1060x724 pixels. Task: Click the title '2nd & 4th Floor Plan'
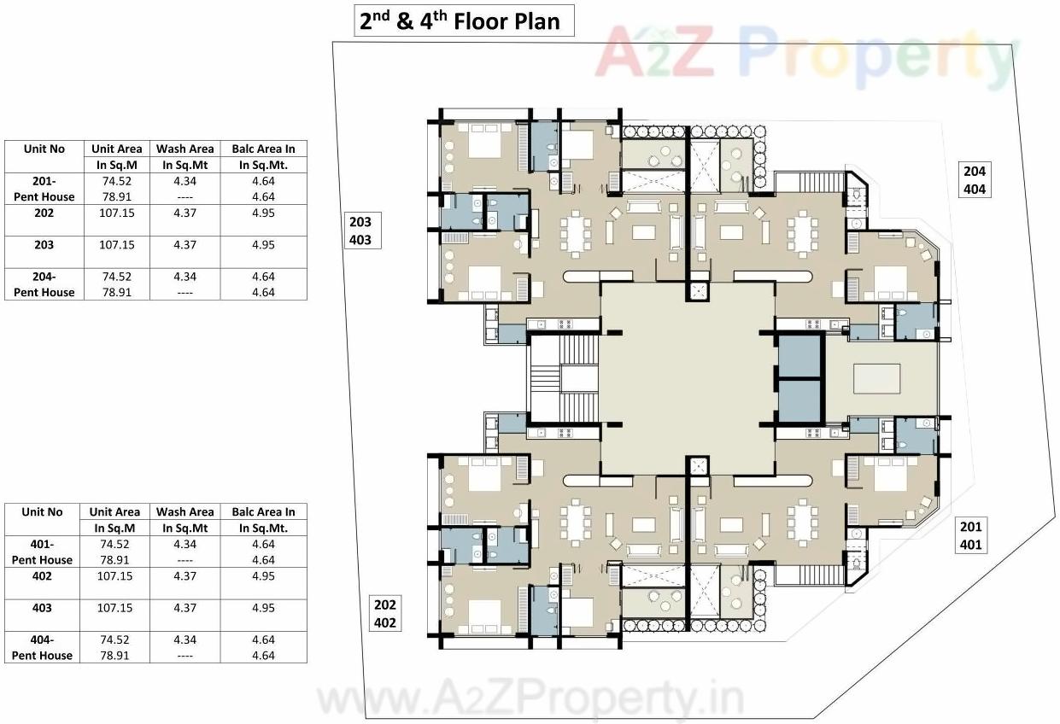click(x=464, y=20)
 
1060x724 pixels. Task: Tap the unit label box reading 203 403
click(x=360, y=231)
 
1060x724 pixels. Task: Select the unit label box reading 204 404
click(x=974, y=179)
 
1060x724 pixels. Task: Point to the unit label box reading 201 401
click(x=970, y=535)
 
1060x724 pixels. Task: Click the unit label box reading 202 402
click(x=385, y=613)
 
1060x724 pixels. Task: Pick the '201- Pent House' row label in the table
click(x=44, y=188)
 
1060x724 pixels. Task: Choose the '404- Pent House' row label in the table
click(x=43, y=647)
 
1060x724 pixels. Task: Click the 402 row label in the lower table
click(x=43, y=576)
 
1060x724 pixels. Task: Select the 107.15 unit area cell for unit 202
click(x=117, y=213)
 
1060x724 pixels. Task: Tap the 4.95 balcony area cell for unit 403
click(x=263, y=608)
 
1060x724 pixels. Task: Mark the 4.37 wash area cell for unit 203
click(x=184, y=244)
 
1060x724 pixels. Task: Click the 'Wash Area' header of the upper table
click(x=184, y=149)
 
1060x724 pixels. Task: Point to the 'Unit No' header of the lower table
click(x=43, y=512)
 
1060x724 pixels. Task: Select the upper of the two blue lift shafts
click(x=799, y=356)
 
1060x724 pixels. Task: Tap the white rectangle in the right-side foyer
click(x=876, y=378)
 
